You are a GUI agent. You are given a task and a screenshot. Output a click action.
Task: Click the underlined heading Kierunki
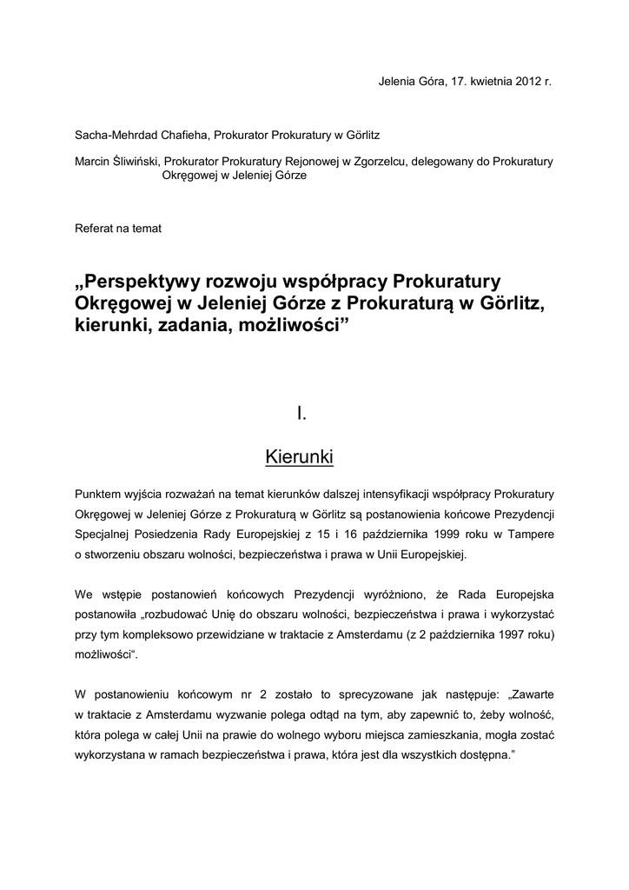300,456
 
